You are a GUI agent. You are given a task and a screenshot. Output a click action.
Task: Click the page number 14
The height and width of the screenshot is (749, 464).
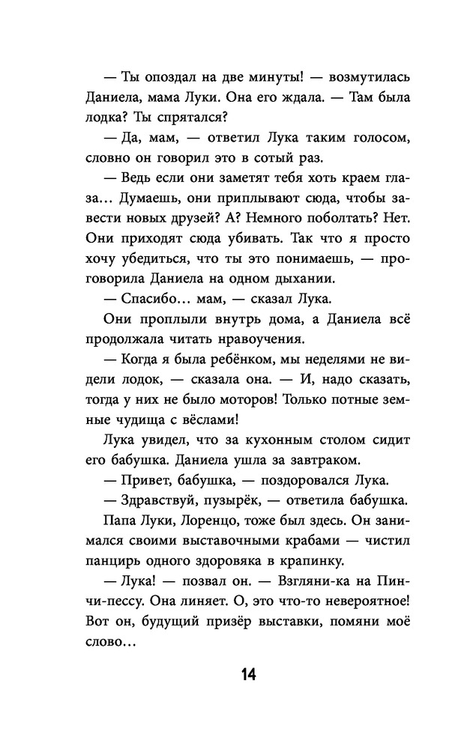(x=249, y=675)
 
